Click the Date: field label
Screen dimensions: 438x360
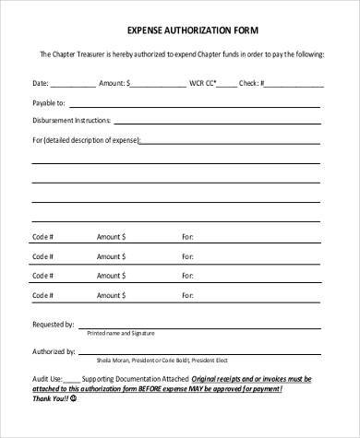tap(42, 82)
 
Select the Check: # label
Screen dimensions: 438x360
tap(251, 82)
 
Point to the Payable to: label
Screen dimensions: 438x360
tap(48, 102)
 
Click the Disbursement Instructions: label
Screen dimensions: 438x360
tap(71, 122)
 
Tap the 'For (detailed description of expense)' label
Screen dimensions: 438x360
tap(86, 141)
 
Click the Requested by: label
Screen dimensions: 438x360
tap(53, 325)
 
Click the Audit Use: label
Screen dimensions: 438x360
tap(47, 378)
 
